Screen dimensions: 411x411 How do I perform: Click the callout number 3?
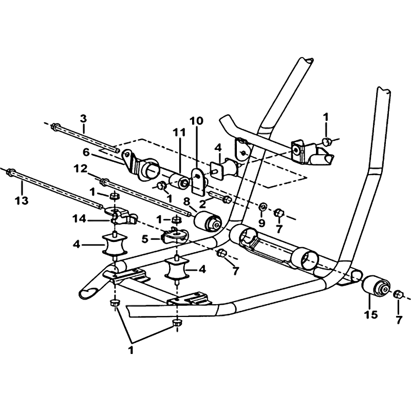coord(83,119)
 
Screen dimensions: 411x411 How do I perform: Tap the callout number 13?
coord(22,201)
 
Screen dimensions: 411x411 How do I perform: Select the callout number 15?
coord(371,314)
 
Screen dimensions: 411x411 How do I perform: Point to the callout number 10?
coord(196,121)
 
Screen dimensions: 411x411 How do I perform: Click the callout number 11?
coord(179,133)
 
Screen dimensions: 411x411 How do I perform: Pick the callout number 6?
coord(86,152)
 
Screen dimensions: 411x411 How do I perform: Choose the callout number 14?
coord(80,219)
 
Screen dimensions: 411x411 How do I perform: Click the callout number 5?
coord(145,239)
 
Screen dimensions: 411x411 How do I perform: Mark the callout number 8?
coord(186,202)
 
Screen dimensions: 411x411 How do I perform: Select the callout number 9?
coord(261,223)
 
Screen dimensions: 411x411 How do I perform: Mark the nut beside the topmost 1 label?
coord(327,142)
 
